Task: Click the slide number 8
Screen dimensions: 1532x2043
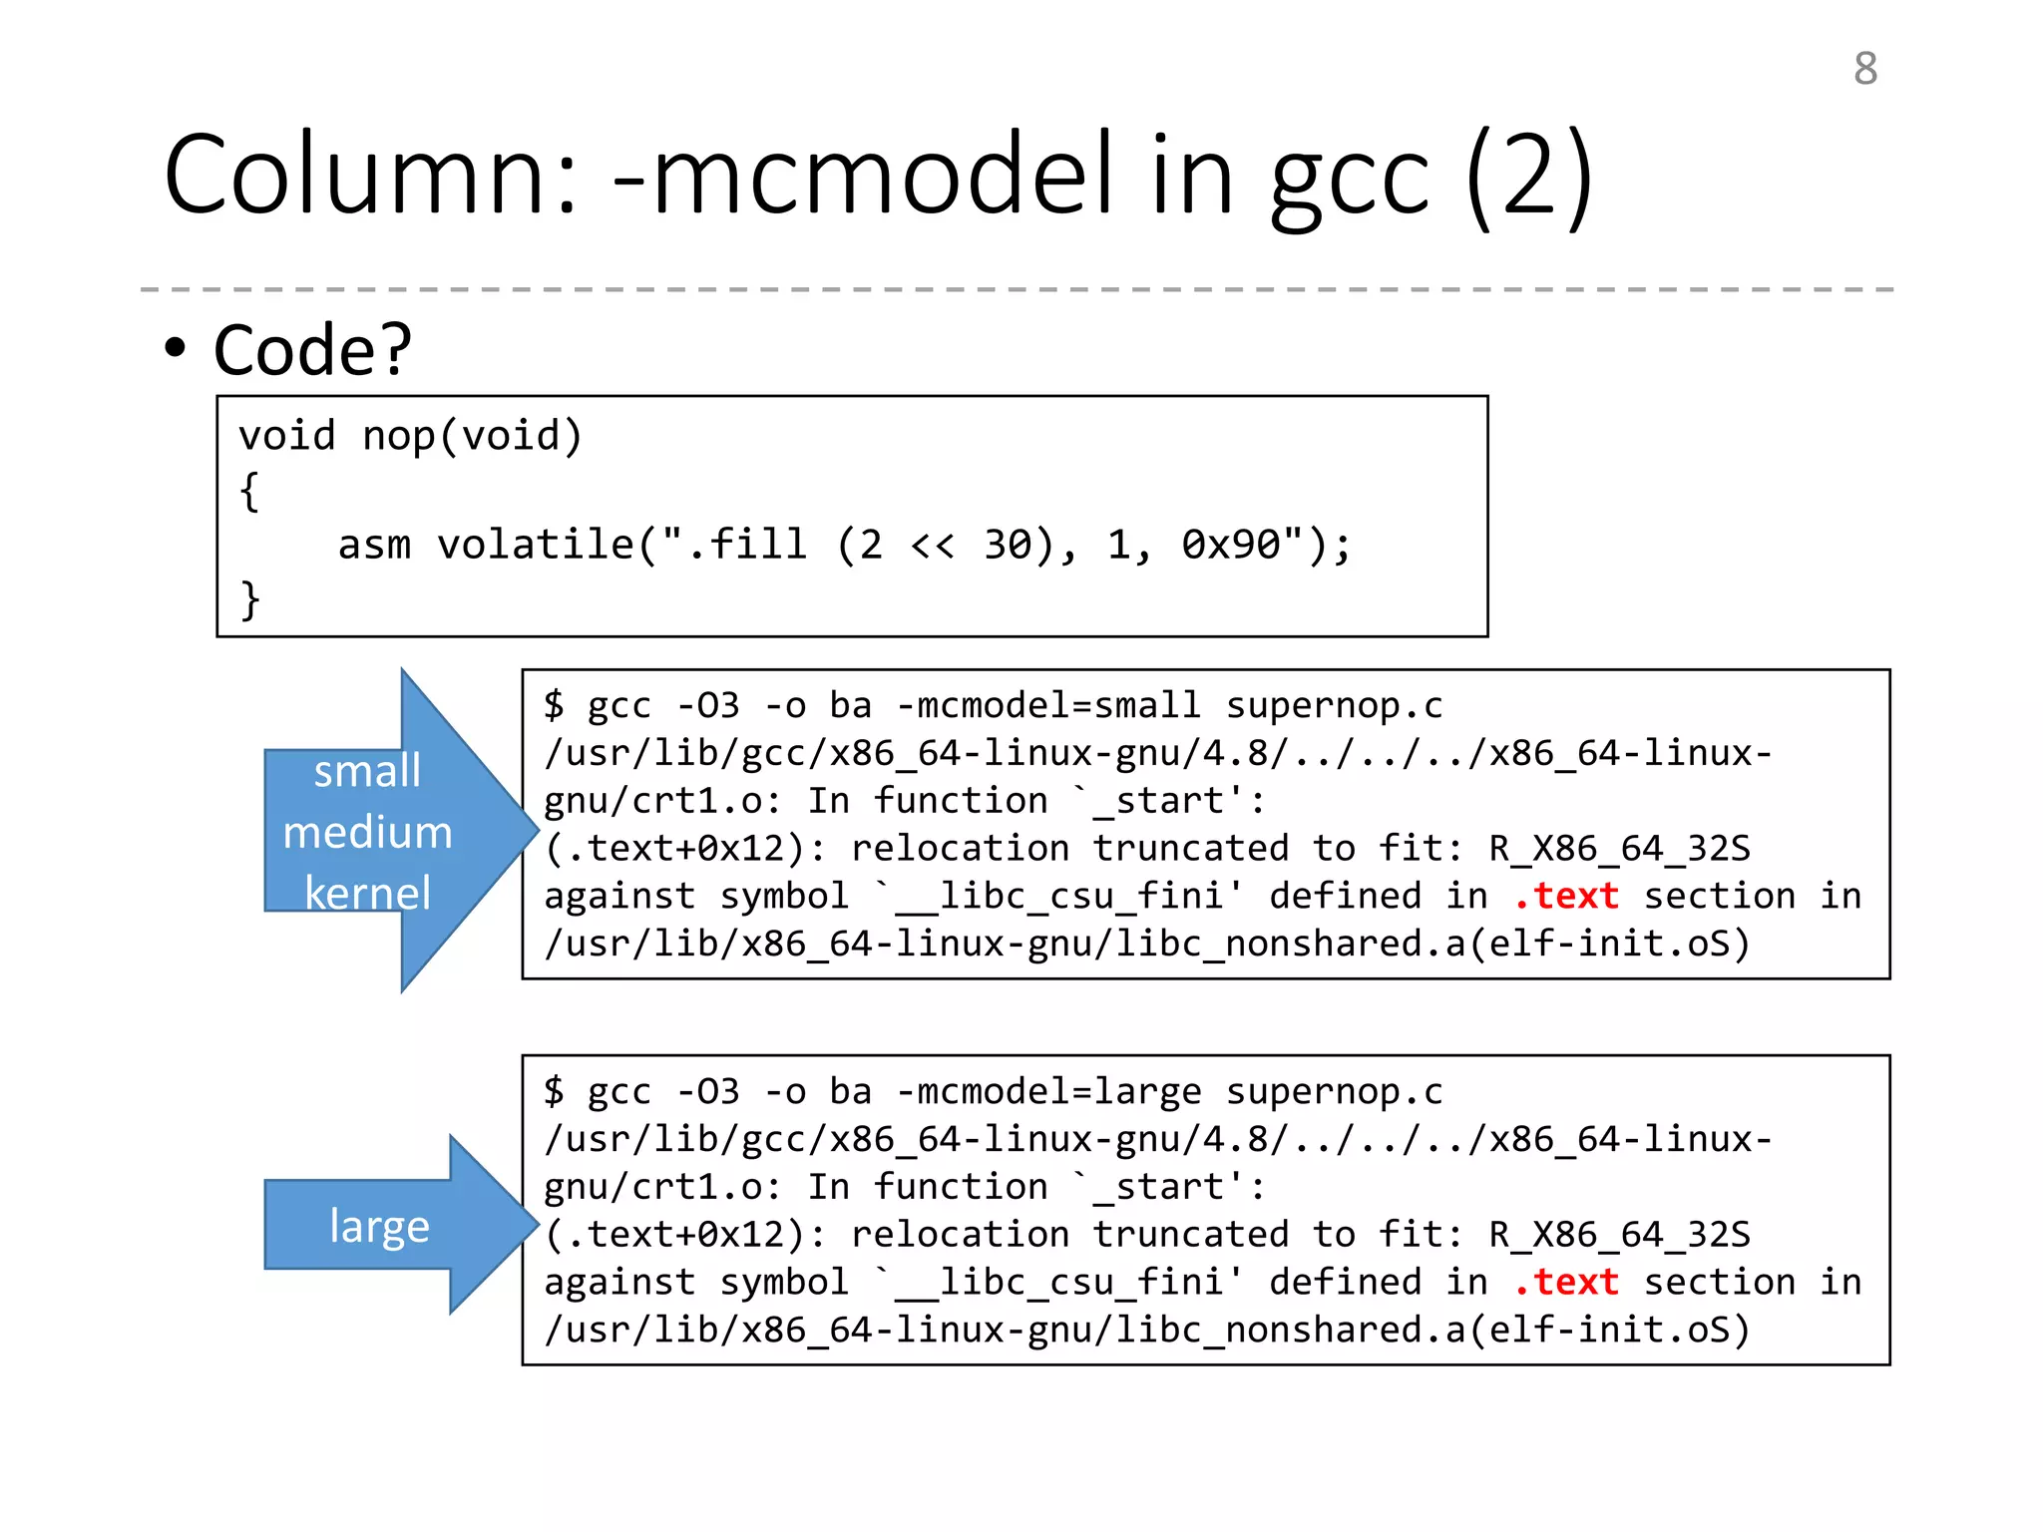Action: (x=1865, y=69)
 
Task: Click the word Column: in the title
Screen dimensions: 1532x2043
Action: (x=370, y=176)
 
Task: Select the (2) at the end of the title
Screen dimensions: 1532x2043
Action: (x=1529, y=178)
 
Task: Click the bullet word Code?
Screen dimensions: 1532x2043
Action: (x=312, y=350)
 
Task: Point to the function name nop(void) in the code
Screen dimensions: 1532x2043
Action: (x=472, y=436)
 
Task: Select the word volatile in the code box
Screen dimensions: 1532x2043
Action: (x=536, y=545)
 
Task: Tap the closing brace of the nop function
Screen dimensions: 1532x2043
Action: (x=250, y=600)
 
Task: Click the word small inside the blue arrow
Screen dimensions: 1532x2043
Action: (x=367, y=771)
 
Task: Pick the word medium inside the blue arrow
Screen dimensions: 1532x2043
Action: (x=367, y=832)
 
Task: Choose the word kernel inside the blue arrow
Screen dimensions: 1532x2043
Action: (x=367, y=893)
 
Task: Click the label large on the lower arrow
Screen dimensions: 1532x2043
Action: (x=379, y=1226)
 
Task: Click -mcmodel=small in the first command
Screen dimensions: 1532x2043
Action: (x=1048, y=705)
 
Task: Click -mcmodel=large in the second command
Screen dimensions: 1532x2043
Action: (x=1048, y=1091)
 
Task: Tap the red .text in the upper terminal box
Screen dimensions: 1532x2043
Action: (x=1565, y=896)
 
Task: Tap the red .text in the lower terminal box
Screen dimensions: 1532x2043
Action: (x=1565, y=1282)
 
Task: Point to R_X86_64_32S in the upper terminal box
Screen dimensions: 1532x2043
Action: (x=1619, y=848)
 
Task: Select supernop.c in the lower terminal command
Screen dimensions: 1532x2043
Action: (x=1334, y=1091)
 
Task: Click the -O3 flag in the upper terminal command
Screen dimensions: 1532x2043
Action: (x=708, y=705)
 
